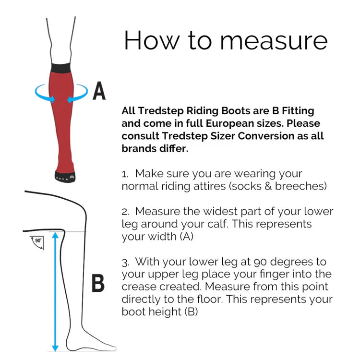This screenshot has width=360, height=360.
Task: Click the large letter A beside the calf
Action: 99,91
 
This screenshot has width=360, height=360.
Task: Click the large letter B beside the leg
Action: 98,283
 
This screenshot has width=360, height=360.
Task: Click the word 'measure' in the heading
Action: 274,41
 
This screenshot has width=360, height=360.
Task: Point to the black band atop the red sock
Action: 60,68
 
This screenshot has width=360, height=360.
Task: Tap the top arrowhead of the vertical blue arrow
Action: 55,236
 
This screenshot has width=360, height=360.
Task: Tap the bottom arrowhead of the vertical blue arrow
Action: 55,348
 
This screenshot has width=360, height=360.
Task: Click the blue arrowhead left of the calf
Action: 52,99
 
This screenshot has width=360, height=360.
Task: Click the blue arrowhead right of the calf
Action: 70,99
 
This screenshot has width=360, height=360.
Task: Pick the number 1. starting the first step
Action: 125,175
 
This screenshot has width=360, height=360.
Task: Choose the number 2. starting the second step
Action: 125,212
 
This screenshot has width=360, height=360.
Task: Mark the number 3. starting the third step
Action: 125,263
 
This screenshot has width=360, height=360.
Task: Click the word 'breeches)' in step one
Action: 300,186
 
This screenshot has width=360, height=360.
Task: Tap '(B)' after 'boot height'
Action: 191,312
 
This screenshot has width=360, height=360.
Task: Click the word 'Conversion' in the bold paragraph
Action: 266,136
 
